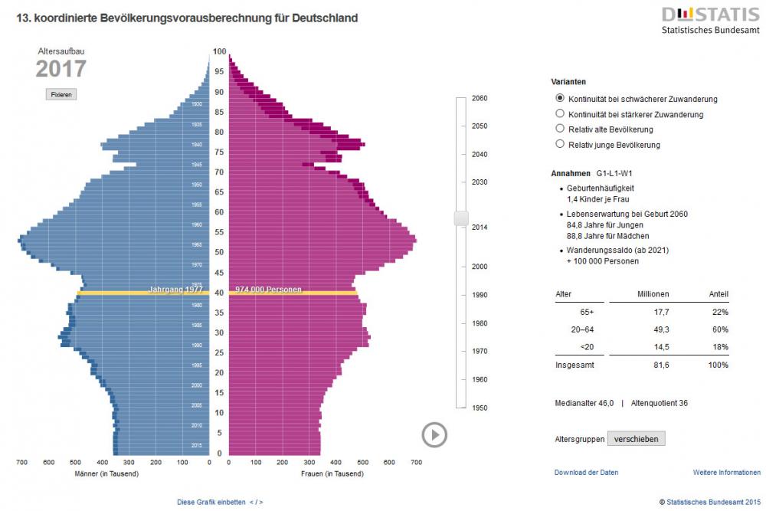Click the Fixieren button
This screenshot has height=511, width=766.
point(61,94)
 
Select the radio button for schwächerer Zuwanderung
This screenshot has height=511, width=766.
point(560,98)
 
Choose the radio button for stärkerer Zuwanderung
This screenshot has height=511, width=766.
point(560,113)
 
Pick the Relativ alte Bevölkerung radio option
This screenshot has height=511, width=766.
point(560,129)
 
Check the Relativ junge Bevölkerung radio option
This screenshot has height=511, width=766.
point(560,144)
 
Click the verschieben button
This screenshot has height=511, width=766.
point(636,439)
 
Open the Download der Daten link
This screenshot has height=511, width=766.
point(586,473)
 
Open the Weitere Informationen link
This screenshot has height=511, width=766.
point(726,473)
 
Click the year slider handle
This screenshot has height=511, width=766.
point(460,218)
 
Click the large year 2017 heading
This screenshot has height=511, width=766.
point(61,69)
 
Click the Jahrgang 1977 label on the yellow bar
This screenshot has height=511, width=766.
point(175,290)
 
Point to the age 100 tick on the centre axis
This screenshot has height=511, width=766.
point(219,51)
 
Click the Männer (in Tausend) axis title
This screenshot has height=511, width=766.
point(106,473)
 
